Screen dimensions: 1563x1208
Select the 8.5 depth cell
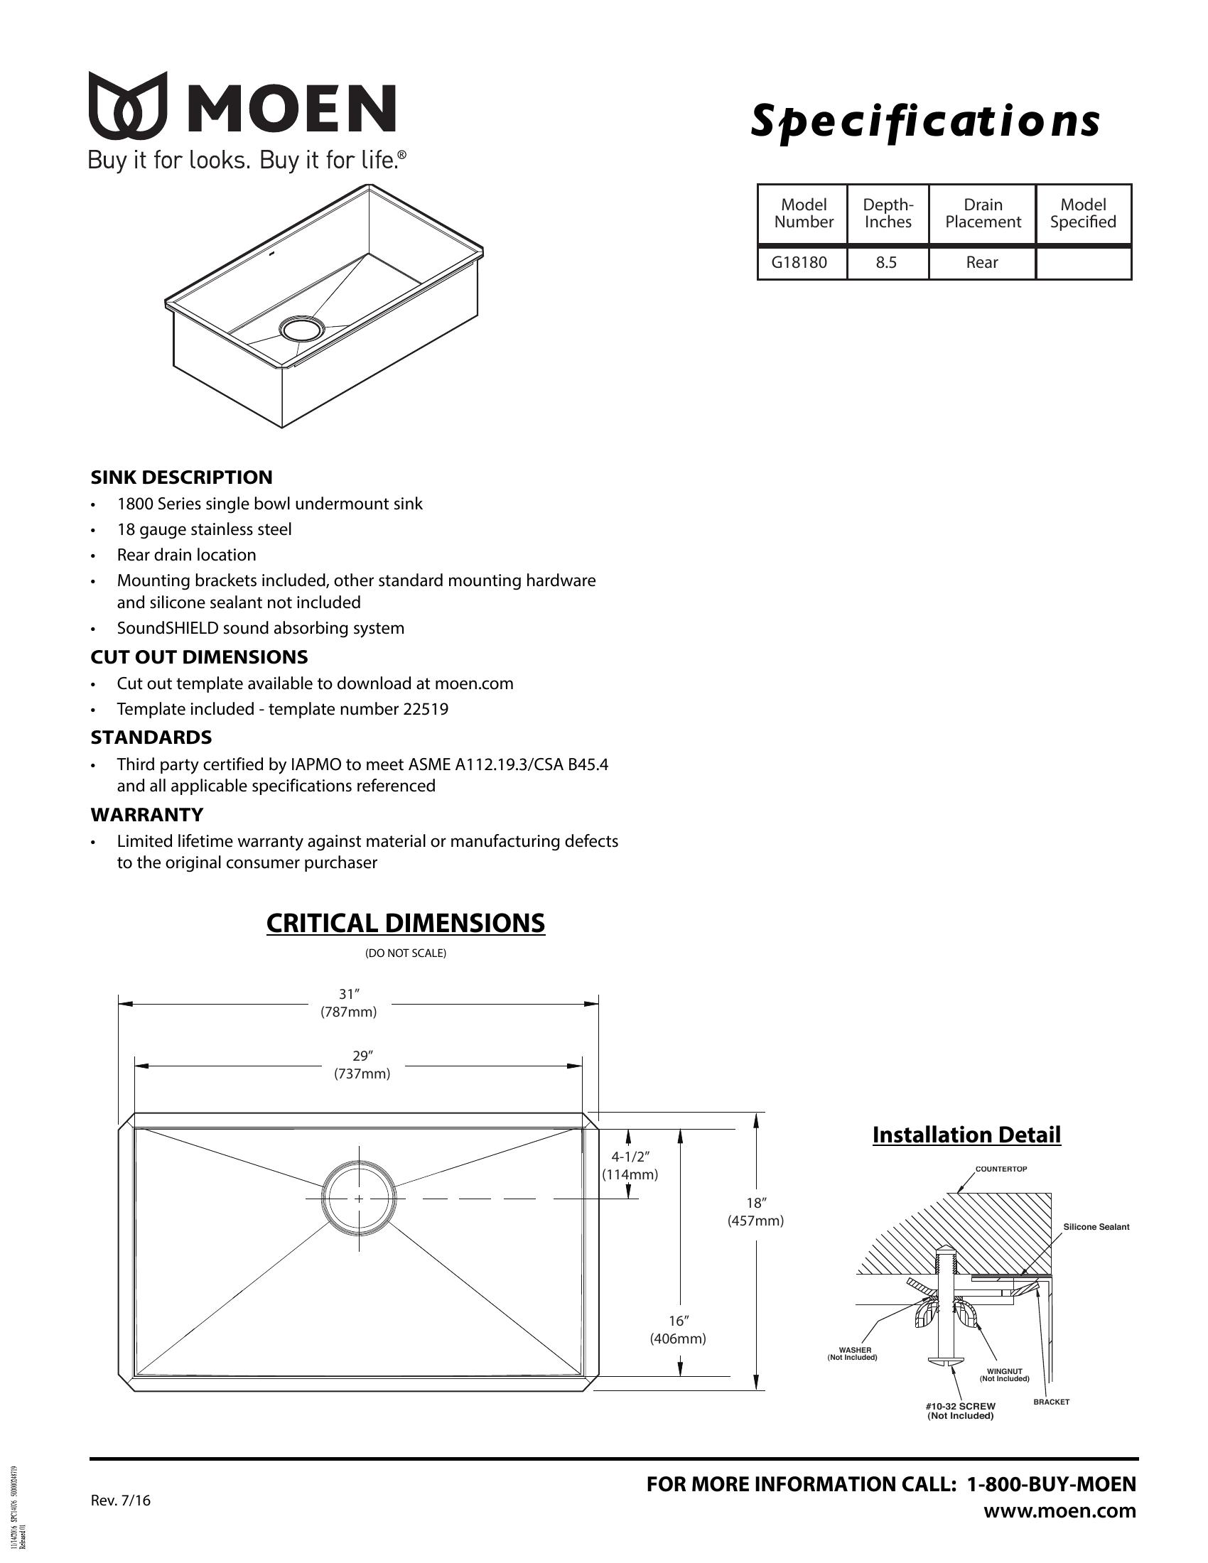(x=886, y=263)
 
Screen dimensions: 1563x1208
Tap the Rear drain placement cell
(x=981, y=263)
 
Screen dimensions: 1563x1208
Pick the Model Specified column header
(x=1083, y=213)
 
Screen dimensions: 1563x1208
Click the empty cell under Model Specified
(x=1083, y=263)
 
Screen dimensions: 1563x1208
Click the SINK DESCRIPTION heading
(x=181, y=477)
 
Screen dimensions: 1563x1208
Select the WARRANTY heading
(x=146, y=814)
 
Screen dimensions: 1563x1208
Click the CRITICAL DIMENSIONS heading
(x=405, y=923)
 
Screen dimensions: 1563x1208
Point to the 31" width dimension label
(x=348, y=1002)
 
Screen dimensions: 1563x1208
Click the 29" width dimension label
(x=362, y=1064)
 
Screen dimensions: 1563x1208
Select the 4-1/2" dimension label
(x=630, y=1165)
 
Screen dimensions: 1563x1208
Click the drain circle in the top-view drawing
(x=359, y=1198)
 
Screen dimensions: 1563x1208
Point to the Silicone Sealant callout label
(x=1096, y=1227)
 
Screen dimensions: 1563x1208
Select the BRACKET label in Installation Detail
(x=1051, y=1402)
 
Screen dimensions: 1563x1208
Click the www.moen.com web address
(x=1059, y=1510)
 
